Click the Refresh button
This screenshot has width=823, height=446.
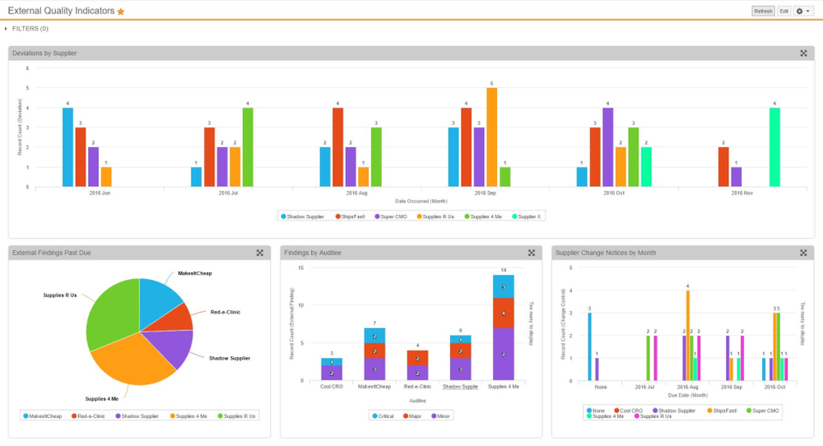[x=762, y=11]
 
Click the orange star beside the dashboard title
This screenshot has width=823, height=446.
[x=121, y=12]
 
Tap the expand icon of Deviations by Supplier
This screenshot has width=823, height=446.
[x=803, y=53]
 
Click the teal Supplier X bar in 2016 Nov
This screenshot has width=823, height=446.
[x=774, y=147]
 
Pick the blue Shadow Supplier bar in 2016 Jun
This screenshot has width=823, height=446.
[x=67, y=147]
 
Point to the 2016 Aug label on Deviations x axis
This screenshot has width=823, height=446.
[x=357, y=193]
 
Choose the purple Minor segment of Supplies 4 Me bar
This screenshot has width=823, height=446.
[x=503, y=354]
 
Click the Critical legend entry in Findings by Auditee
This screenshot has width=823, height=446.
[x=382, y=416]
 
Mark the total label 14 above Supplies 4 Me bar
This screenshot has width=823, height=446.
[x=503, y=270]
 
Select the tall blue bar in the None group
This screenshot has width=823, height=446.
[x=589, y=346]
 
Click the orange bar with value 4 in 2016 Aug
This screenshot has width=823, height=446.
[x=687, y=335]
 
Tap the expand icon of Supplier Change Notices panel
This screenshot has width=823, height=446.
[x=803, y=253]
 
